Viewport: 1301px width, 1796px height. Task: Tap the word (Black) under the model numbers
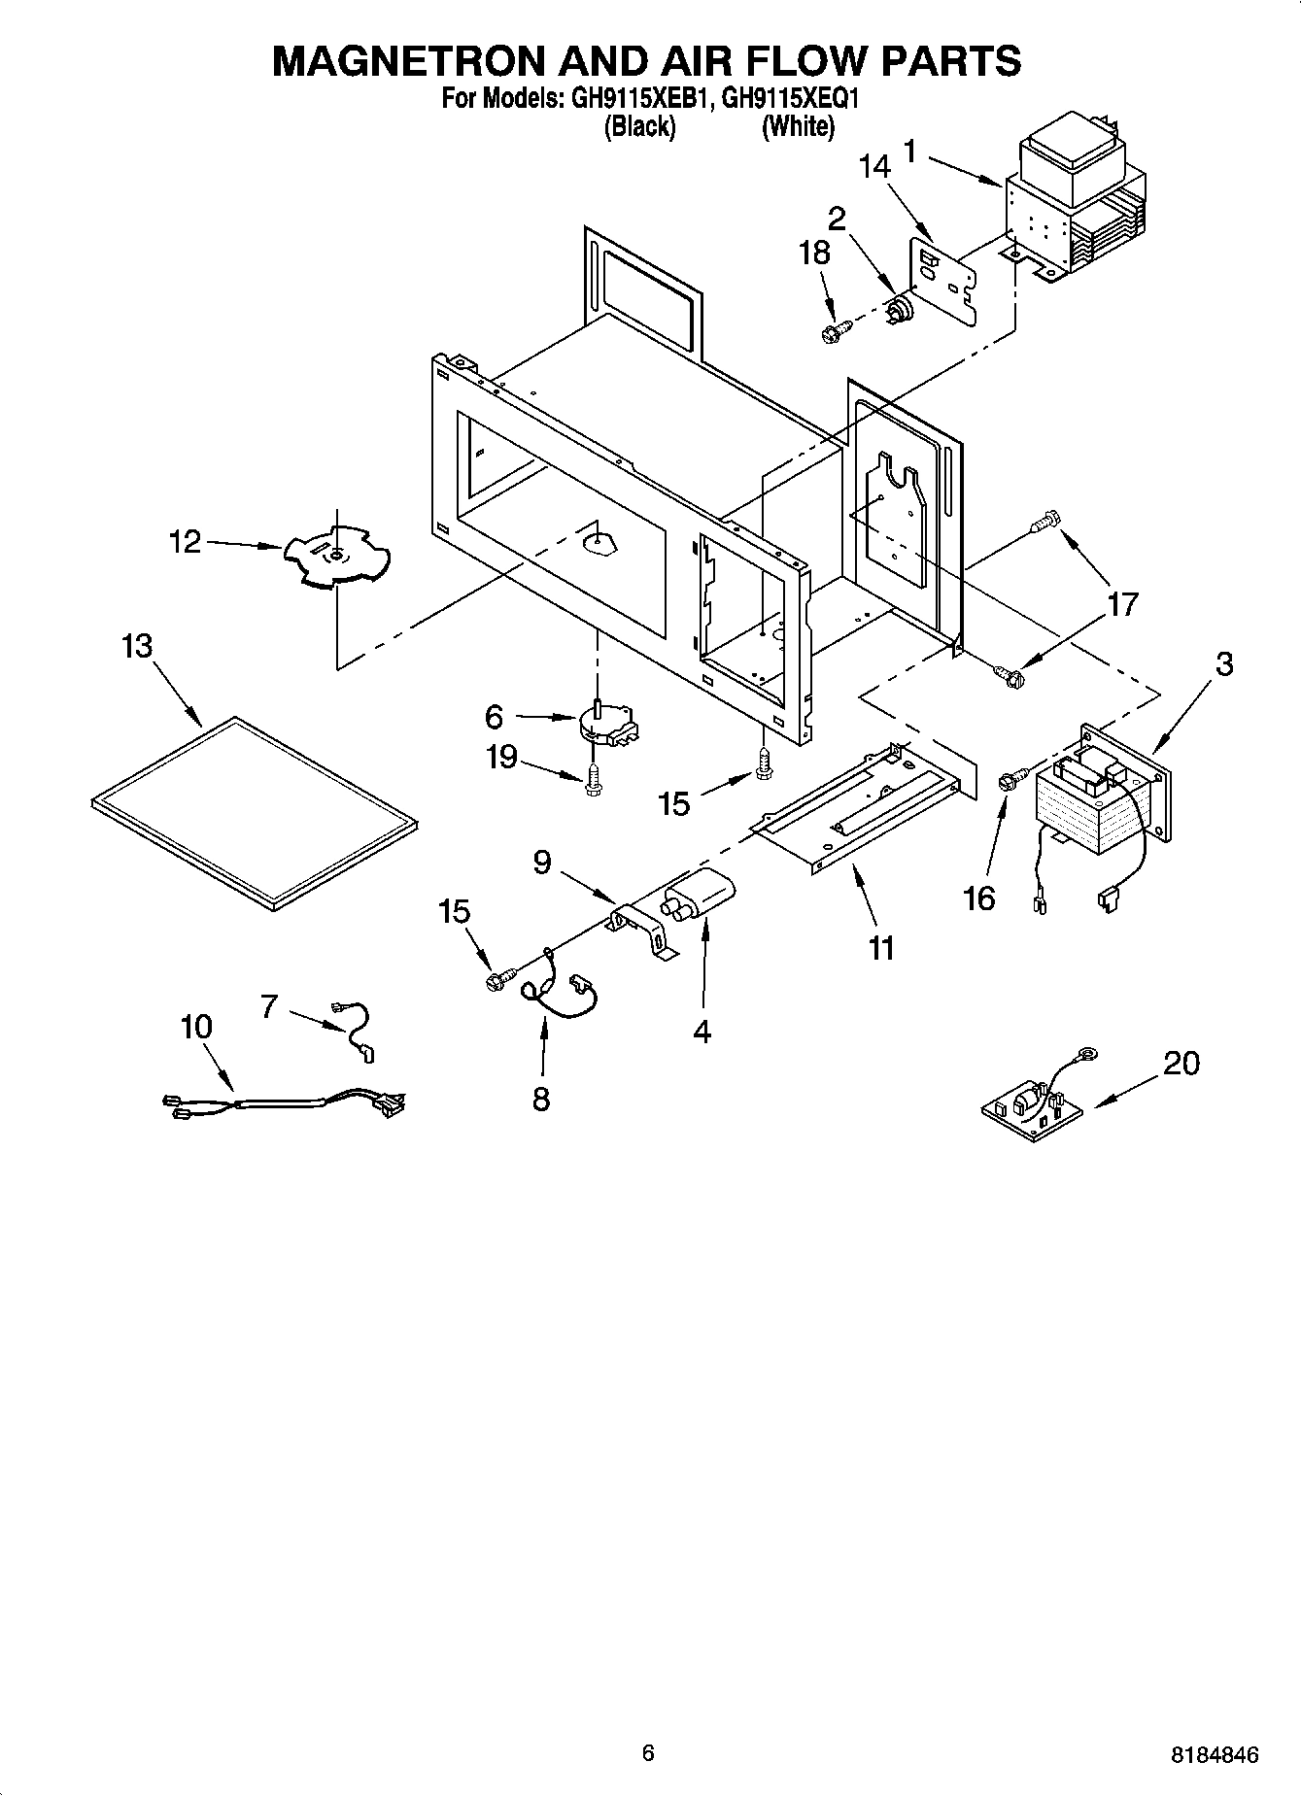[639, 126]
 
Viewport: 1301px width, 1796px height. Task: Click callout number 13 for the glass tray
[137, 646]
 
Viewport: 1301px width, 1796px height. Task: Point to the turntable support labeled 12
[335, 558]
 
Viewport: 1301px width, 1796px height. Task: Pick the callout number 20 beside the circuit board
[1181, 1064]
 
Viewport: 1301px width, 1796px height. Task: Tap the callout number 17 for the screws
[1122, 604]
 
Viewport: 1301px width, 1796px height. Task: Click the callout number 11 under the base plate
[880, 947]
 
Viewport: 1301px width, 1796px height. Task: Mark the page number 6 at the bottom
[648, 1752]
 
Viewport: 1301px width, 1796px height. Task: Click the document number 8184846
[1215, 1754]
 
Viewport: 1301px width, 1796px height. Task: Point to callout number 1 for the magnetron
[909, 151]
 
